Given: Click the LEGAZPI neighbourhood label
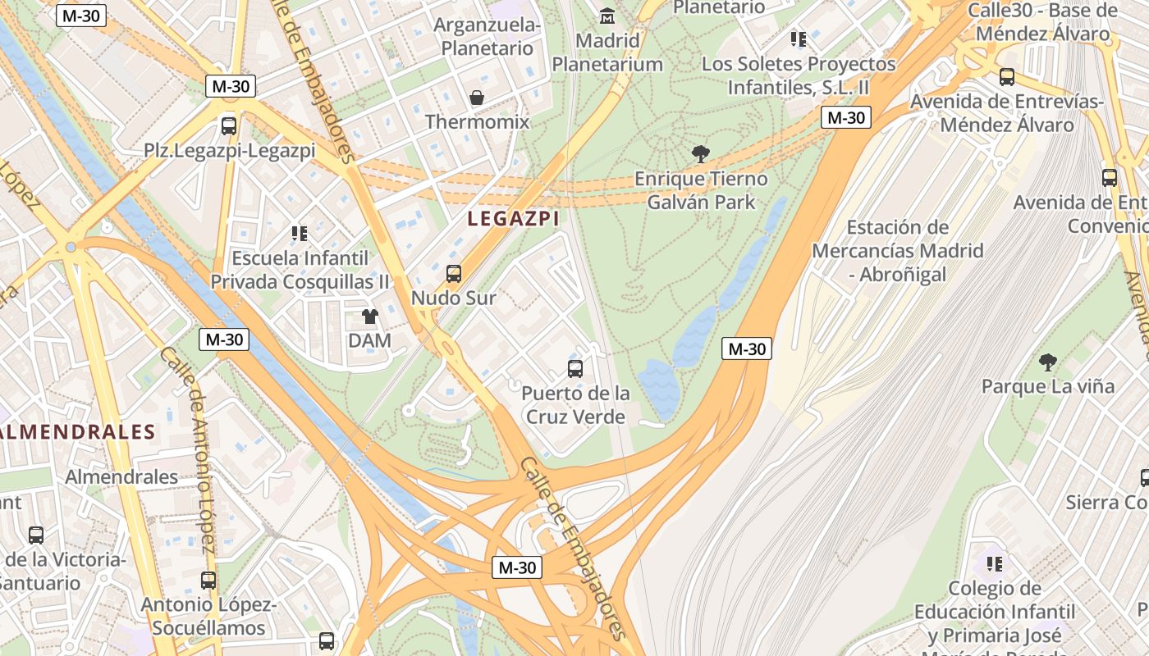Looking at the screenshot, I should pos(513,219).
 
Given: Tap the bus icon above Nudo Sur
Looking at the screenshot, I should pos(453,274).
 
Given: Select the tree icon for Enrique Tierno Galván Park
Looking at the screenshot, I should pos(700,153).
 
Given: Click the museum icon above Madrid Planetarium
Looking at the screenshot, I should pos(607,16).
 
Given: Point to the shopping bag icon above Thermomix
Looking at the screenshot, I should pos(477,98).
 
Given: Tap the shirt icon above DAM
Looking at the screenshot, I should pos(370,317).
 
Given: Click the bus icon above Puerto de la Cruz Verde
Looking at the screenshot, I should pos(575,369).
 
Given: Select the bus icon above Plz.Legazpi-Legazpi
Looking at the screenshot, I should pos(229,126).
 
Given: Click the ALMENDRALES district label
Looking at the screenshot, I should pos(79,432).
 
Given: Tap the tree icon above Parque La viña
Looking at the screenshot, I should pos(1047,362).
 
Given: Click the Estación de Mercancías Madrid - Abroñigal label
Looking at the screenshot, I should pos(897,251).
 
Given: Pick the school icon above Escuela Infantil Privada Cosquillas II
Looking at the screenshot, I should pos(300,234).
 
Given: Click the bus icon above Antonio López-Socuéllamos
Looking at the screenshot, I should pos(208,581).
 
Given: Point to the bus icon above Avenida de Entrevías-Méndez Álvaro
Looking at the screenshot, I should pos(1006,77).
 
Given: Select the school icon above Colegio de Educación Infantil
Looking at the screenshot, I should pos(994,563).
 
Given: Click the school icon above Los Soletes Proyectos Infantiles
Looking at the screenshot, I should pos(798,39).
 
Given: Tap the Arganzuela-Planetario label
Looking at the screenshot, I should pos(491,37).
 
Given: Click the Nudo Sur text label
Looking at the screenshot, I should pos(453,298).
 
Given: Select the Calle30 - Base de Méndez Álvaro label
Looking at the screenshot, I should pos(1042,22).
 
